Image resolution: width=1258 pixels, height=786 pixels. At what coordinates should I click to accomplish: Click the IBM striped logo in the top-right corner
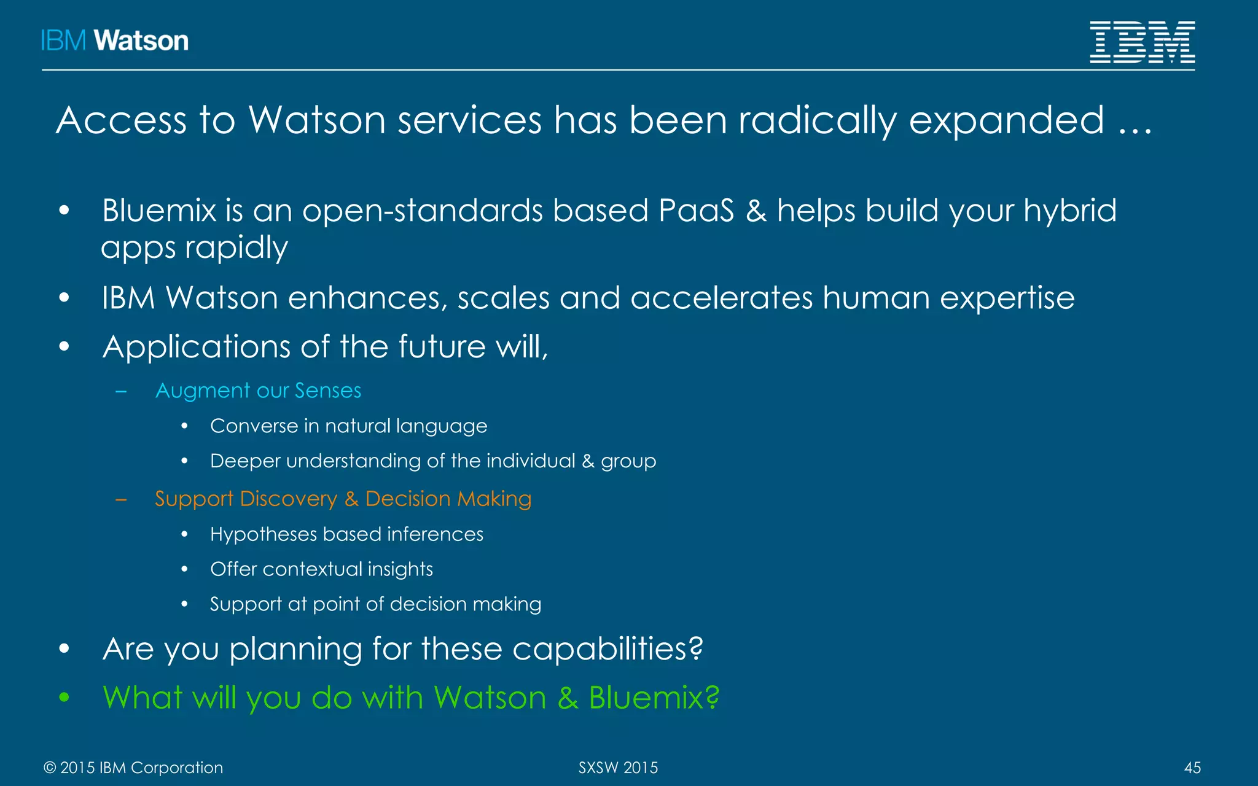coord(1142,42)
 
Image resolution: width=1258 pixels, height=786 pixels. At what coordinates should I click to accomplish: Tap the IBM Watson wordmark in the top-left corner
coord(115,41)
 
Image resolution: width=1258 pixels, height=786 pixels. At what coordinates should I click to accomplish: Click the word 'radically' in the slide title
coord(817,120)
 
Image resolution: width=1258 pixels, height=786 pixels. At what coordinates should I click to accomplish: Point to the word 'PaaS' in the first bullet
coord(696,211)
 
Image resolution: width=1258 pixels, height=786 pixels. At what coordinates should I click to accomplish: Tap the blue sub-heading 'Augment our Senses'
coord(258,391)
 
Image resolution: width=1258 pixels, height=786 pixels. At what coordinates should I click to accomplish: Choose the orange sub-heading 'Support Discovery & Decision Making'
coord(343,499)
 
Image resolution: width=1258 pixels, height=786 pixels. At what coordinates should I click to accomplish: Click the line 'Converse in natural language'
coord(348,426)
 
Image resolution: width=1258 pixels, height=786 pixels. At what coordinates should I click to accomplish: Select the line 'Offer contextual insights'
coord(321,569)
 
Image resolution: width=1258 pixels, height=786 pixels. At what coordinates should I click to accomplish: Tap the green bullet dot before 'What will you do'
coord(64,698)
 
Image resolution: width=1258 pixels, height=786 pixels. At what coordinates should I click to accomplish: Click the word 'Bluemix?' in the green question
coord(654,698)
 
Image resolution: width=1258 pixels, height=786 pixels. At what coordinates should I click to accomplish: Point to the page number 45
coord(1192,768)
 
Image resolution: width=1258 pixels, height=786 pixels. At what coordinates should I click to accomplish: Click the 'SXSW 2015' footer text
coord(618,768)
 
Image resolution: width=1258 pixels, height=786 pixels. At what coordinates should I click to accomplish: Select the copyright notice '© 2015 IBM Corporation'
coord(133,768)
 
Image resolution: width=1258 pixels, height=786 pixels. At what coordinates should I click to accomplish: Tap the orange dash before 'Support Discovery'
coord(121,499)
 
